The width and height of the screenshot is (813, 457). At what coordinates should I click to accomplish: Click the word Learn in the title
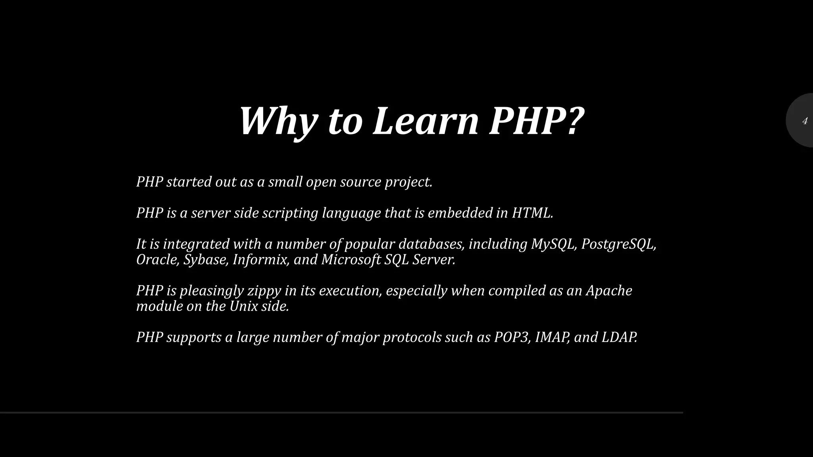426,121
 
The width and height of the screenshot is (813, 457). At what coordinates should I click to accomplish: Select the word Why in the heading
278,121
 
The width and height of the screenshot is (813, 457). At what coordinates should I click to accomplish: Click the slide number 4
805,121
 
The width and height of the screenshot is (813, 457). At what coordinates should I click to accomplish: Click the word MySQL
553,244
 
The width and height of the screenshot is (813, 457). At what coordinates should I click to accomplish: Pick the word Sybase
205,260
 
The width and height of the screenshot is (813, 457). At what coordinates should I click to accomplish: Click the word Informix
260,260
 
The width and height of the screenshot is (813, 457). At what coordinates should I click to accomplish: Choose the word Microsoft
351,260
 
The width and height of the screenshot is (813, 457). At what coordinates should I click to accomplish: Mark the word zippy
264,291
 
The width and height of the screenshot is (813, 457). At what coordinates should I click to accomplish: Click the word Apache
609,291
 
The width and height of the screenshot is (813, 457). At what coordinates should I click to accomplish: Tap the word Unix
243,306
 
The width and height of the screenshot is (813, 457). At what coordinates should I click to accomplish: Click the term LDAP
618,337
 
